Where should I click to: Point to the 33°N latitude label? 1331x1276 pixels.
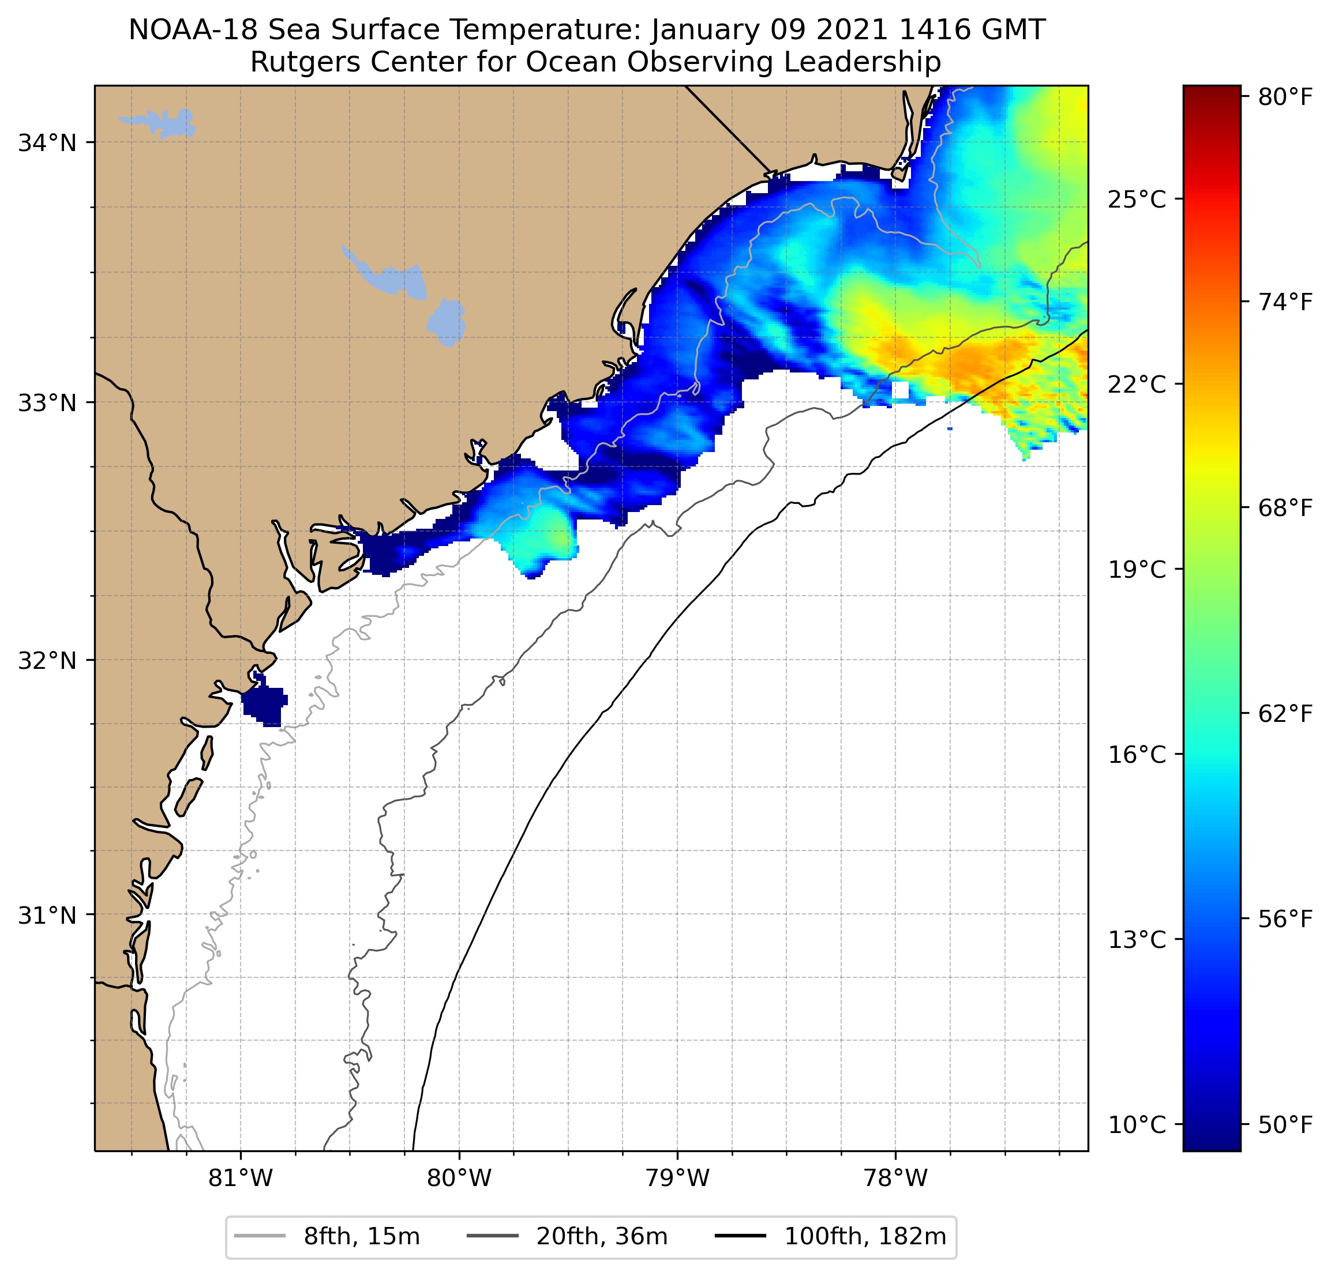pos(47,403)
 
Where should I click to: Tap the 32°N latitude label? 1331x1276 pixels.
pos(47,660)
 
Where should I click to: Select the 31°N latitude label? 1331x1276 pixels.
pos(47,916)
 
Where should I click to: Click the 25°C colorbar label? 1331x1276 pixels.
pos(1137,200)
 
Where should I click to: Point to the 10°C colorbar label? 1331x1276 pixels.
pos(1137,1125)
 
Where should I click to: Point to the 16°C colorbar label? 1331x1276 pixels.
pos(1137,755)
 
